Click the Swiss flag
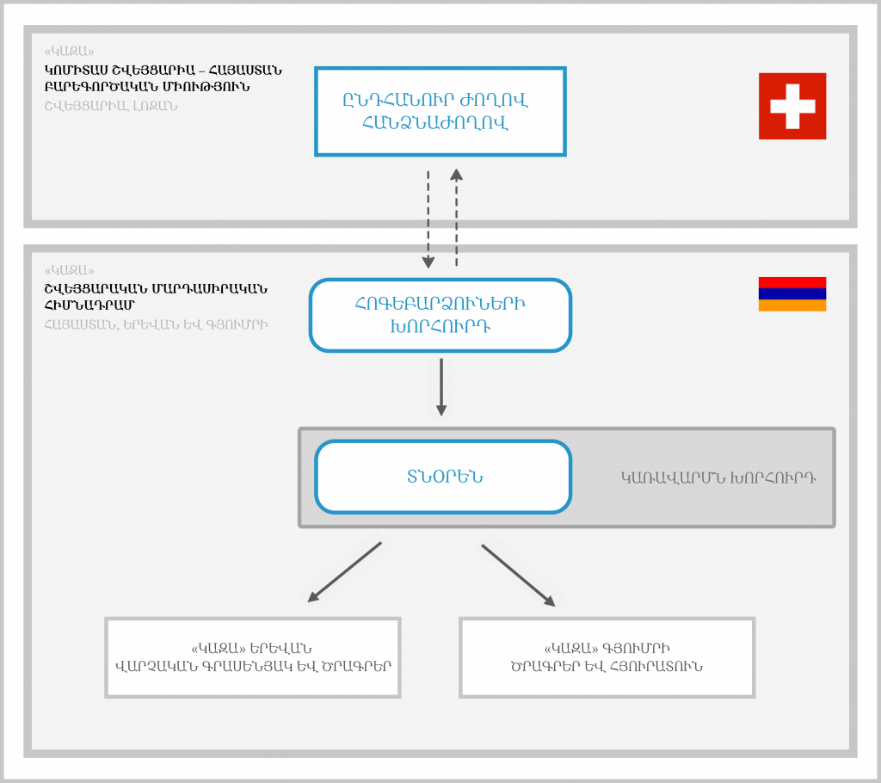(x=792, y=106)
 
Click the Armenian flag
(x=792, y=293)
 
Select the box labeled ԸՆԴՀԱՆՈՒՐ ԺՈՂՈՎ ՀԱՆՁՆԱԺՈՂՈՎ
(x=440, y=112)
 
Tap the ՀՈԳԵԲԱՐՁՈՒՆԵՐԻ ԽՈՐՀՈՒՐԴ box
(x=440, y=315)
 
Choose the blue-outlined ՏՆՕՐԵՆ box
(x=443, y=477)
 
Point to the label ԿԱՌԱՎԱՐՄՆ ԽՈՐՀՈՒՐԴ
(x=718, y=477)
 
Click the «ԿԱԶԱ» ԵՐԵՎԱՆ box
(x=253, y=657)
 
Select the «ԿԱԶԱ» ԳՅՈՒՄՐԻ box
(x=607, y=657)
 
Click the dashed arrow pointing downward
(x=428, y=219)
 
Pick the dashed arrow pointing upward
(x=456, y=217)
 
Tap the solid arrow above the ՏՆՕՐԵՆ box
(x=440, y=386)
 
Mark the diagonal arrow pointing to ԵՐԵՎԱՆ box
(x=344, y=571)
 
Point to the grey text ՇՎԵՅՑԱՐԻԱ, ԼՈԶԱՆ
(x=111, y=106)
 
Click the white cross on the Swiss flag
(x=792, y=106)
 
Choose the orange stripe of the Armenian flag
(x=792, y=305)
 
